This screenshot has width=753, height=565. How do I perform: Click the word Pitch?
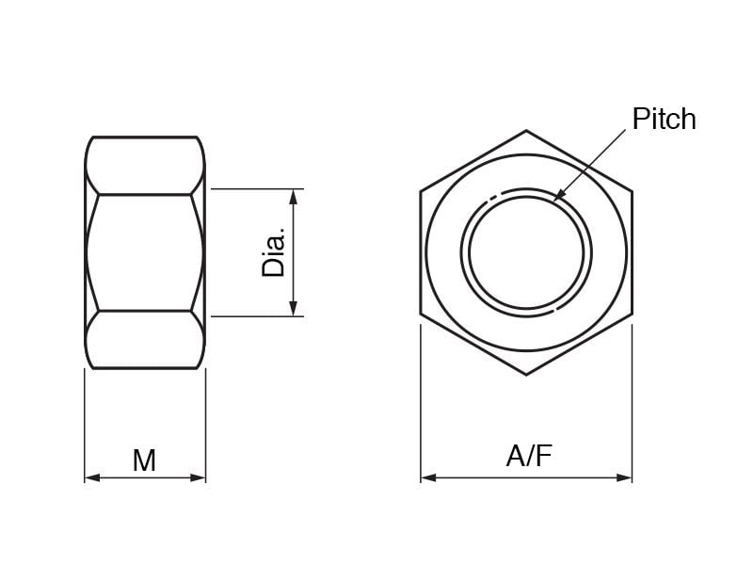pos(664,120)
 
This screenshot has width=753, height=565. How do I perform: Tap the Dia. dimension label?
pos(273,252)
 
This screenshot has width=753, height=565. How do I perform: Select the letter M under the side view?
pos(145,460)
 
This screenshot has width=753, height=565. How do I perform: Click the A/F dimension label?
pos(529,456)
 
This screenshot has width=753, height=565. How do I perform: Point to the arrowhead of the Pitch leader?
pos(558,195)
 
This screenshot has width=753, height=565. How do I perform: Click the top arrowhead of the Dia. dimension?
pos(294,197)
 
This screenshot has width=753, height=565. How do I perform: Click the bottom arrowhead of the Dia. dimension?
pos(294,309)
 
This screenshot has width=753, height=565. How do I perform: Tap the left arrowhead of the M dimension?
pos(92,477)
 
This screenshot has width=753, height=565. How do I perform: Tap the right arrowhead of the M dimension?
pos(198,477)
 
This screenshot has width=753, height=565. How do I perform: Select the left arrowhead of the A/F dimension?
pos(428,477)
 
